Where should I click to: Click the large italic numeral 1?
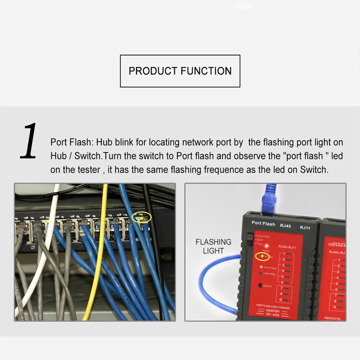pos(29,141)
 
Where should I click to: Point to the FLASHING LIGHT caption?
pos(213,246)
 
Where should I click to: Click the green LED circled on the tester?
pos(262,256)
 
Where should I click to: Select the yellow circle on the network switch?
pos(142,217)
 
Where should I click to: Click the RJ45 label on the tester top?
pos(285,225)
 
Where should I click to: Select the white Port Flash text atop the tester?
pos(263,224)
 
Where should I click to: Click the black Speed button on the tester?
pos(260,285)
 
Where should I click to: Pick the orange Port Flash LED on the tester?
pos(260,267)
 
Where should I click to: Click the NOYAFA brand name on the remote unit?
pos(337,244)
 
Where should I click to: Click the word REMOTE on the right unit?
pos(332,318)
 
